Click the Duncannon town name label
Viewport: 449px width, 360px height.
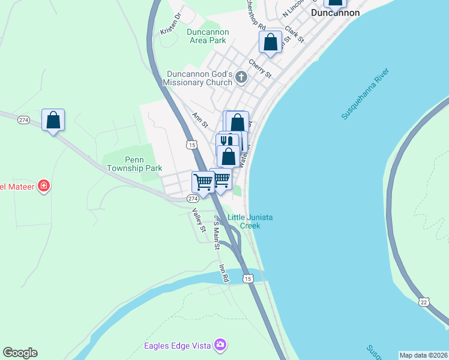coord(335,12)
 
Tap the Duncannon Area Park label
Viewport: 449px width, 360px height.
coord(206,36)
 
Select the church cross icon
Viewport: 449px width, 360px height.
coord(241,76)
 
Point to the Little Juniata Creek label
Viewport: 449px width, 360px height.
coord(251,221)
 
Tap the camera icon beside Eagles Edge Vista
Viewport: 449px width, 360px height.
coord(221,344)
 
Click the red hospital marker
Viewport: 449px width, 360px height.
coord(43,186)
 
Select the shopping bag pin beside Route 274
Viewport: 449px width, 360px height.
coord(53,120)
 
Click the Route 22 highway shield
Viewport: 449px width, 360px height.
coord(424,302)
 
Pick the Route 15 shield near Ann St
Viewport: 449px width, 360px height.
coord(191,145)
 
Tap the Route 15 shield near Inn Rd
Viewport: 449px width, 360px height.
coord(247,278)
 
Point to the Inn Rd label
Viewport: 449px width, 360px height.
coord(224,274)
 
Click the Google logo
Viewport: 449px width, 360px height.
coord(20,353)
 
